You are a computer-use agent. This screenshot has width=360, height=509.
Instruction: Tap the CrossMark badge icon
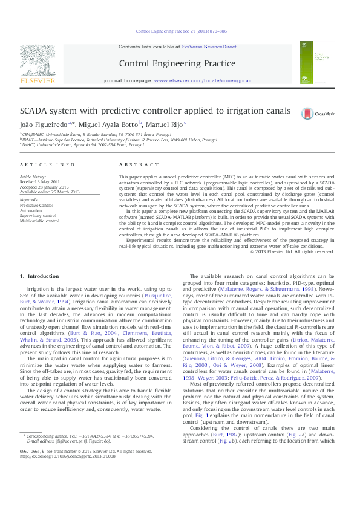coord(313,112)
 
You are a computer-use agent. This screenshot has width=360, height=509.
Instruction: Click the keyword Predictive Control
coord(37,206)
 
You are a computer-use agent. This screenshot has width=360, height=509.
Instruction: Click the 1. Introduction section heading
coord(39,276)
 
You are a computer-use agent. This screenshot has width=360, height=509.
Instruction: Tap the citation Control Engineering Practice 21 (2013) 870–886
coord(181,30)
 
